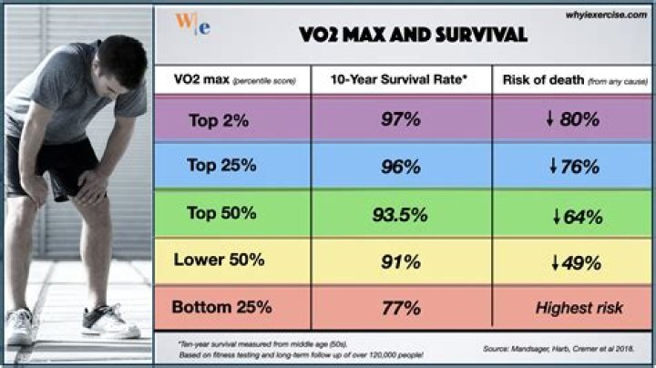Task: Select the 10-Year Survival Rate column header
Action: point(401,79)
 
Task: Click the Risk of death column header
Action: point(572,79)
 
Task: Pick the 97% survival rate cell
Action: point(401,119)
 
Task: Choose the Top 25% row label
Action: point(221,167)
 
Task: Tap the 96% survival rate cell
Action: point(401,167)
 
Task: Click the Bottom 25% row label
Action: point(221,307)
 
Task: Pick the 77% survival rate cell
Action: point(401,307)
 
